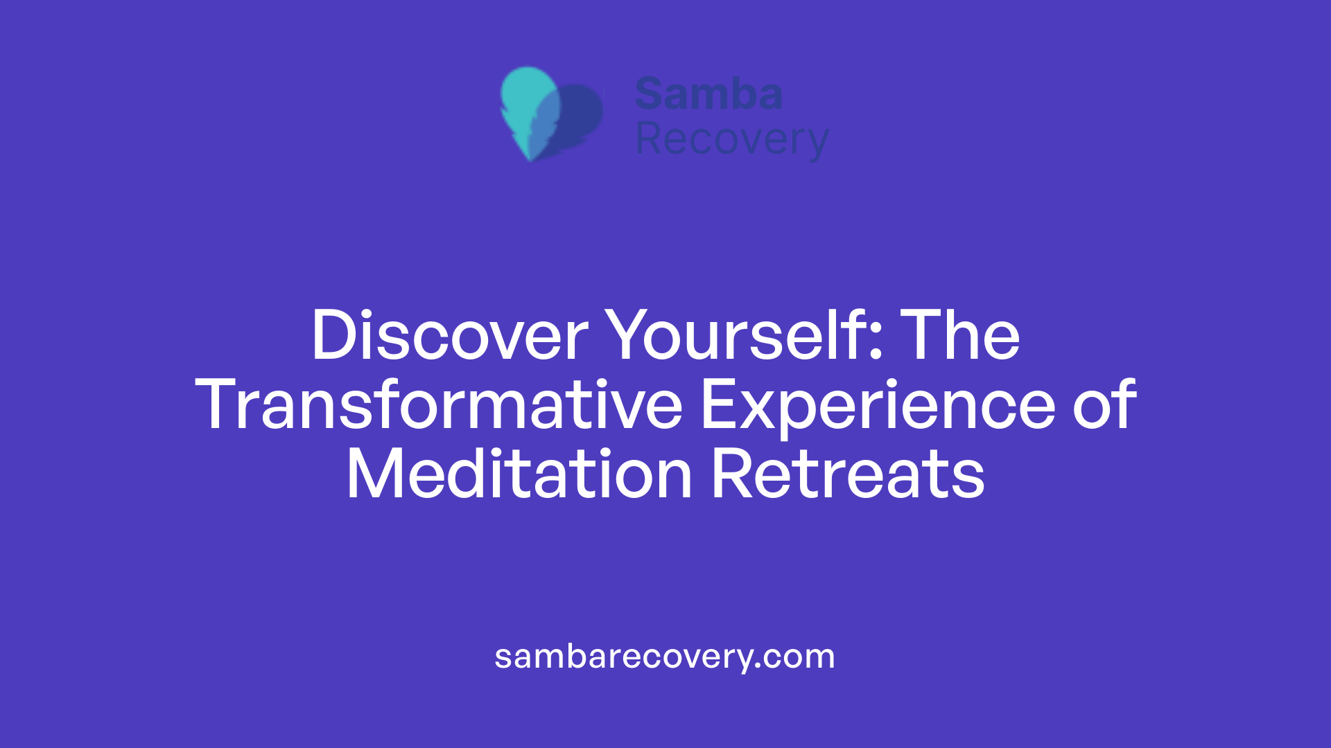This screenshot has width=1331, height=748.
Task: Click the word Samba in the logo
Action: [x=708, y=94]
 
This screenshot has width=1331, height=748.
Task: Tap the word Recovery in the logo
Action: [x=731, y=140]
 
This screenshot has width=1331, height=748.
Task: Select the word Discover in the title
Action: [x=450, y=336]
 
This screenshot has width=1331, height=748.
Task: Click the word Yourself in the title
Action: [x=736, y=336]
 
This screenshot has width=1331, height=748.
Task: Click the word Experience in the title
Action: [x=878, y=405]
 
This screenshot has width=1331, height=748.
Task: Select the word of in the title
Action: [x=1105, y=405]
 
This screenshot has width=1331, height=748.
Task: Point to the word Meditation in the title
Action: [x=519, y=475]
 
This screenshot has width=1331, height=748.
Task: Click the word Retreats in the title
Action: [x=848, y=475]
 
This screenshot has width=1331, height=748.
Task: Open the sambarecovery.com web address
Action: [x=665, y=657]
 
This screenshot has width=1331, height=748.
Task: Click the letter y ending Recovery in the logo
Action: [x=819, y=143]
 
